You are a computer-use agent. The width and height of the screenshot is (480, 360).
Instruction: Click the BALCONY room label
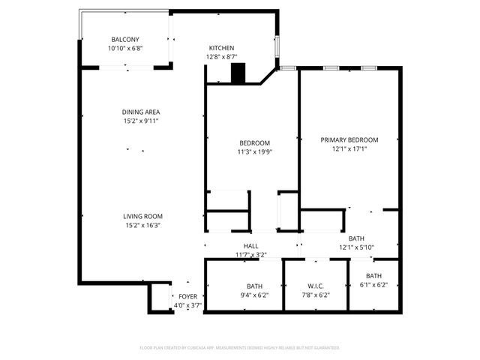click(x=125, y=39)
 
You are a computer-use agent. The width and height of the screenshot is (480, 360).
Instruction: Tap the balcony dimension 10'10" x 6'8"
click(x=125, y=48)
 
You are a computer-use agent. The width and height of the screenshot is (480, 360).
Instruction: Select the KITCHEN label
click(x=220, y=47)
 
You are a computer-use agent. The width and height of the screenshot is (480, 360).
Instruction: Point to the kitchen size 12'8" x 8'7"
click(x=220, y=56)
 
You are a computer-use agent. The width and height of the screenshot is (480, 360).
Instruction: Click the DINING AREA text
click(x=142, y=112)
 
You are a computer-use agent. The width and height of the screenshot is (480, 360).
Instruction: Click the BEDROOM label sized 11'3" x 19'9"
click(x=254, y=142)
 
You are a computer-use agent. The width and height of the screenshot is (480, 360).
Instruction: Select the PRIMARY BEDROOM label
click(x=349, y=139)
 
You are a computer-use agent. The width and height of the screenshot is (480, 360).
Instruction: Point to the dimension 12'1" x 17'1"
click(x=349, y=148)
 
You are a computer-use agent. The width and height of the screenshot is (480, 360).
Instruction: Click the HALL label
click(x=250, y=246)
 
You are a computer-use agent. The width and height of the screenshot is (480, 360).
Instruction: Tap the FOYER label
click(x=187, y=296)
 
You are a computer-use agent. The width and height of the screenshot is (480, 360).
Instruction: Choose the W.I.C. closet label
click(x=315, y=286)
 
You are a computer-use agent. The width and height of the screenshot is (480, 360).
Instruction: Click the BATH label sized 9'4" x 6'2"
click(x=254, y=286)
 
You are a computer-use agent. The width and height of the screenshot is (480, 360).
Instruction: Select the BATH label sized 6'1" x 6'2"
click(x=373, y=275)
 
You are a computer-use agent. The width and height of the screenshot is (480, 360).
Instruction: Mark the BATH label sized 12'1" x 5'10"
click(x=356, y=238)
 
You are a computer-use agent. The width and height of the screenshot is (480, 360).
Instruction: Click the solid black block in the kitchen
click(x=238, y=73)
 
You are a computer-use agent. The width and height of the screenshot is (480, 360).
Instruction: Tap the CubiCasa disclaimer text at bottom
click(x=240, y=348)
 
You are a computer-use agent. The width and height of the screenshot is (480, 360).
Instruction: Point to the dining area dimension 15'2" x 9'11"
click(x=142, y=121)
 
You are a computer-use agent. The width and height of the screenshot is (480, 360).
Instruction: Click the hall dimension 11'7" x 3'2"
click(x=250, y=255)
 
